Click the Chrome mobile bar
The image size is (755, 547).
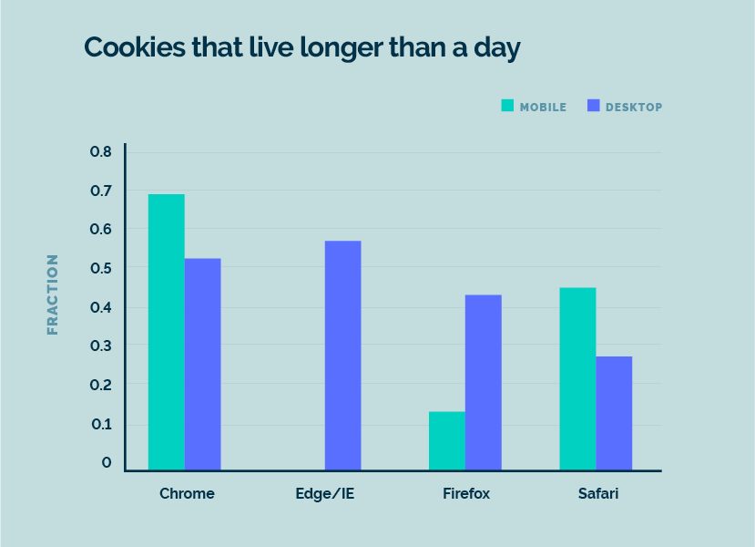point(167,332)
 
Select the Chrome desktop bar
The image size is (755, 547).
point(202,364)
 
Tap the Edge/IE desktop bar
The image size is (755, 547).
point(342,356)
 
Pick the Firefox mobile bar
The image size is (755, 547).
point(447,440)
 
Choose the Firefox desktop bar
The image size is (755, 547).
point(483,382)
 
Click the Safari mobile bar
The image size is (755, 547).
point(577,378)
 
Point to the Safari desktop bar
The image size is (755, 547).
point(614,413)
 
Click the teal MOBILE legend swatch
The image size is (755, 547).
point(507,106)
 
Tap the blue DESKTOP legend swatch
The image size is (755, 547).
point(594,106)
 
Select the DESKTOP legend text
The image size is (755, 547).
point(634,107)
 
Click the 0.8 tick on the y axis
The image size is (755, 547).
point(100,151)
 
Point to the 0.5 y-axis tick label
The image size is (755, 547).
point(100,268)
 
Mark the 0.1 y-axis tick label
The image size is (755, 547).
point(100,424)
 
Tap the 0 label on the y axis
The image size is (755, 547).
point(107,463)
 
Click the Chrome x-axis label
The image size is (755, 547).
point(187,494)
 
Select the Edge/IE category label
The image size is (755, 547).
point(328,494)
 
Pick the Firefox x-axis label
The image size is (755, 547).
point(466,494)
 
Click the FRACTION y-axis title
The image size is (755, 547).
point(53,294)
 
